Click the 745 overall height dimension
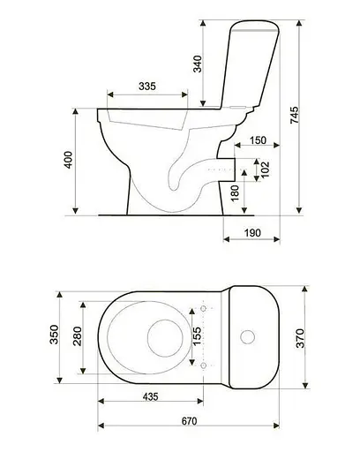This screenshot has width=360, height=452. coord(295,115)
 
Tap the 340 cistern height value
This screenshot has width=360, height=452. coord(198,64)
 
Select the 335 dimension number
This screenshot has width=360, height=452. coord(147,87)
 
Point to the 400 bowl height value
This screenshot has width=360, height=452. coord(68,160)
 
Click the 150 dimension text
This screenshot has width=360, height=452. coord(258,140)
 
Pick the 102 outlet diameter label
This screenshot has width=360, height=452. coord(265,169)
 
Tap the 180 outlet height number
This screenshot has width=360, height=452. coord(236,192)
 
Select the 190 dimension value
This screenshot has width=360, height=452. coord(252,233)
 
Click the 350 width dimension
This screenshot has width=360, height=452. coord(54,335)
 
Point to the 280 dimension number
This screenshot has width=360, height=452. coord(78,336)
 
